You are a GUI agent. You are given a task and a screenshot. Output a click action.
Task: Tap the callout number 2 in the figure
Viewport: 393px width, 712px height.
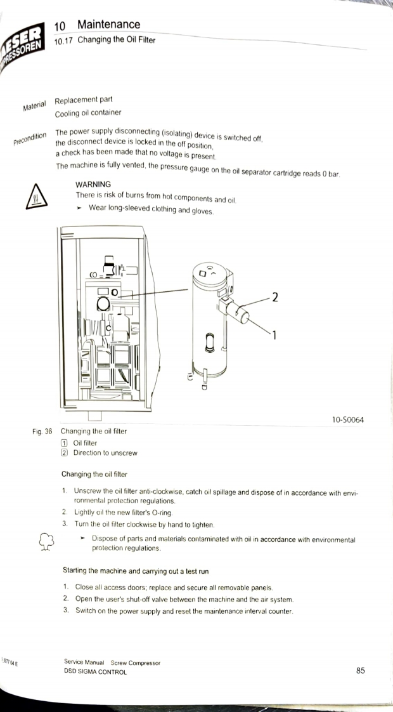pyautogui.click(x=274, y=298)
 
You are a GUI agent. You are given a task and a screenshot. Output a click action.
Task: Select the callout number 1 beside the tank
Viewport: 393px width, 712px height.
pyautogui.click(x=274, y=335)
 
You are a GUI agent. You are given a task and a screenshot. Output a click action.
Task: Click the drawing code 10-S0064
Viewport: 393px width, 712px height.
pyautogui.click(x=347, y=419)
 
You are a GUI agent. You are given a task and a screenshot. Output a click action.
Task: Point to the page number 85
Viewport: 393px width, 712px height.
pyautogui.click(x=360, y=670)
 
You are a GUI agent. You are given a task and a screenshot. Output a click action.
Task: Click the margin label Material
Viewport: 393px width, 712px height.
pyautogui.click(x=34, y=106)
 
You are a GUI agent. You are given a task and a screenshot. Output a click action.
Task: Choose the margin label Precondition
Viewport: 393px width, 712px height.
pyautogui.click(x=30, y=138)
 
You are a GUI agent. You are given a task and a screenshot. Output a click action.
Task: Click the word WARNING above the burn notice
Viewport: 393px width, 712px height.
pyautogui.click(x=93, y=185)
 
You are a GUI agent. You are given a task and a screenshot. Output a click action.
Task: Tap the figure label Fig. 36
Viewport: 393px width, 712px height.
pyautogui.click(x=42, y=432)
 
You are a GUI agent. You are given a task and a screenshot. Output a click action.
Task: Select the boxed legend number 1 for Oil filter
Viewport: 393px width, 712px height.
pyautogui.click(x=64, y=443)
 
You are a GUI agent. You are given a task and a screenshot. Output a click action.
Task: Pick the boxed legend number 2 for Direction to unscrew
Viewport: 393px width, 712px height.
pyautogui.click(x=64, y=453)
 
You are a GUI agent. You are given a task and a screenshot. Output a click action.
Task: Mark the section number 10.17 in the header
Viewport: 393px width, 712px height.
pyautogui.click(x=63, y=41)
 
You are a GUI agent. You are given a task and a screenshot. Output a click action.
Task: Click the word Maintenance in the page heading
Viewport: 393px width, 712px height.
pyautogui.click(x=108, y=25)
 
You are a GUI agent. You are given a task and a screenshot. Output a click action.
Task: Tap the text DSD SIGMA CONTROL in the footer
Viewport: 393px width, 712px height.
pyautogui.click(x=95, y=672)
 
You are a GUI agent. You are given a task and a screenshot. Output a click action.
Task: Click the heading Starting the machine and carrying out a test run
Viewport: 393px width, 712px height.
pyautogui.click(x=136, y=571)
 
